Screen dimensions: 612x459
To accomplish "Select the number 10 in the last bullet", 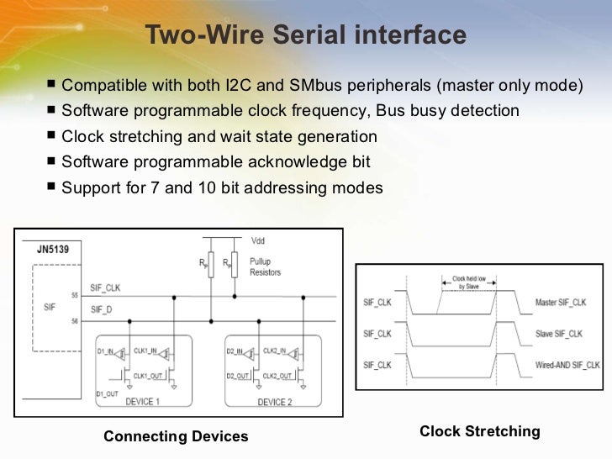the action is tap(175, 187).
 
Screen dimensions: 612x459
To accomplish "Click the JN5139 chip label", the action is tap(54, 250).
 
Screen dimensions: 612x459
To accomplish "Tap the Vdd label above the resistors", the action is tap(256, 240).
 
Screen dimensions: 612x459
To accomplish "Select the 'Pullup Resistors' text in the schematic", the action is tap(266, 267).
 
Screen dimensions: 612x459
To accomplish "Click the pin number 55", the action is tap(75, 296).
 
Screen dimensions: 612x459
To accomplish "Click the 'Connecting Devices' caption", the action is tap(176, 436).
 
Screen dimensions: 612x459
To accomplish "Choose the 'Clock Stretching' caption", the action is tap(479, 431).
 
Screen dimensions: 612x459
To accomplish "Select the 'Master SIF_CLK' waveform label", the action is tap(566, 302).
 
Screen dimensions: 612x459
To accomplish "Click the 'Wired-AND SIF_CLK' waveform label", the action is tap(567, 366).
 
